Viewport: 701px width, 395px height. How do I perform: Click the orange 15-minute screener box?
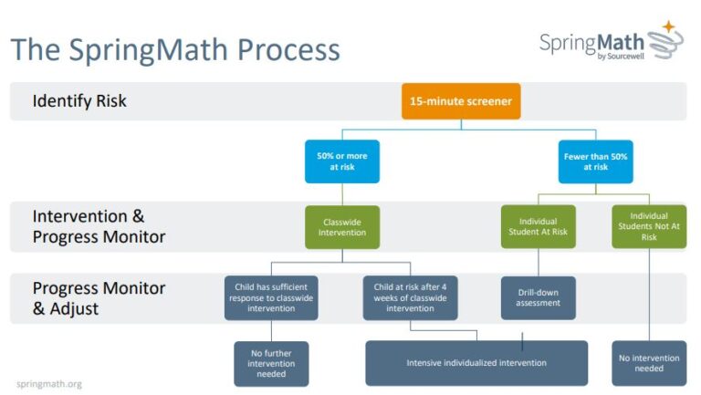461,100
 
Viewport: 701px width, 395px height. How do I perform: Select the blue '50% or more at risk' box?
342,161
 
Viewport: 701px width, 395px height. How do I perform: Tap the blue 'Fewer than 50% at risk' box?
595,161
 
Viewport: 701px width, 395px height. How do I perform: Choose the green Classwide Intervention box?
342,226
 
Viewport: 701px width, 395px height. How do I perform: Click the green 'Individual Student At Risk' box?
538,226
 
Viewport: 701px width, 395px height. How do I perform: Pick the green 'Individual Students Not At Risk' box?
649,226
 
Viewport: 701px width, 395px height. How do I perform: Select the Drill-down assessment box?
538,297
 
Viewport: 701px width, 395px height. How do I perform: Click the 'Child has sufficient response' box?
271,297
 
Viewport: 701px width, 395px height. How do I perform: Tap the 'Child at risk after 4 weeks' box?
410,297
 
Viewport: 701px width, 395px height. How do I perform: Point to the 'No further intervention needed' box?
271,363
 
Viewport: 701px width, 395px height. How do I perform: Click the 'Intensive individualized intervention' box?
476,363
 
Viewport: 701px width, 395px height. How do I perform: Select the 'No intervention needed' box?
649,363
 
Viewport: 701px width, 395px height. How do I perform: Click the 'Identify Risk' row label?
79,101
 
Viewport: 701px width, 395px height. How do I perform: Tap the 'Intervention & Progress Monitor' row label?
99,226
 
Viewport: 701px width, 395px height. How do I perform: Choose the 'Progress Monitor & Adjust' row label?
99,297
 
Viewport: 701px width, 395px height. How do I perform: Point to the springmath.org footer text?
49,384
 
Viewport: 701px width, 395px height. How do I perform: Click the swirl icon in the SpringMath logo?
664,43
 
